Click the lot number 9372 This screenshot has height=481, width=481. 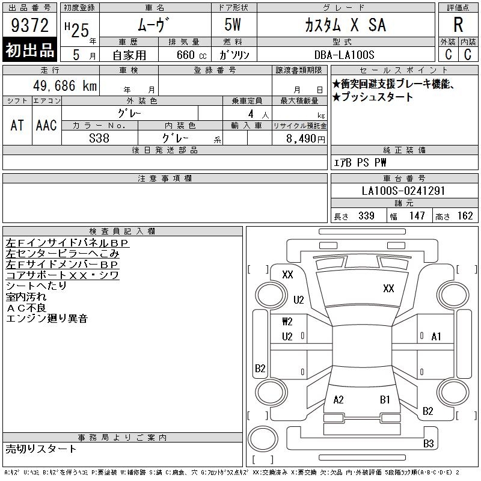coord(29,25)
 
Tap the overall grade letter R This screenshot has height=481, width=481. coord(458,25)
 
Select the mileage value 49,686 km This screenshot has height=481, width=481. coord(65,85)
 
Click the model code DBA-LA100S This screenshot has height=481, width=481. coord(344,55)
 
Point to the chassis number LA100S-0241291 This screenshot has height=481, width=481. coord(403,191)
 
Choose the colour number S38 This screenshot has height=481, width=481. coord(99,138)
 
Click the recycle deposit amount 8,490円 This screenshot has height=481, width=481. coord(305,139)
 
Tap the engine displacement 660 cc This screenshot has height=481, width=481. coord(191,55)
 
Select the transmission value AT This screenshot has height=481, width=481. coord(17,125)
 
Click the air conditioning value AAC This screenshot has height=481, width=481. coord(46,125)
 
